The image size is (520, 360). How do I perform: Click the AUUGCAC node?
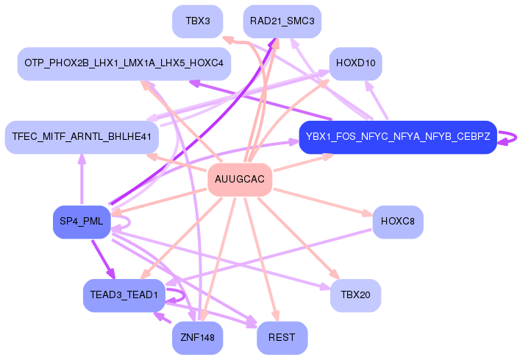(240, 180)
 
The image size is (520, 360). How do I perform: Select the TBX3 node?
(198, 21)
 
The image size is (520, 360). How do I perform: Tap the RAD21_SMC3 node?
(282, 21)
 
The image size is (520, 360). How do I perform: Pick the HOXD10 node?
(356, 63)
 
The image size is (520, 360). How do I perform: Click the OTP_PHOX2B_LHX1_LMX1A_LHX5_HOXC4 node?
(124, 63)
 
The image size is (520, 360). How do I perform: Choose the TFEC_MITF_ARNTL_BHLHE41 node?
(82, 137)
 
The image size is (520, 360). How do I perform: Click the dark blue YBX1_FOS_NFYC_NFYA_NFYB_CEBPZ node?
(398, 137)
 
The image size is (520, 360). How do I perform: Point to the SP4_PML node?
(82, 222)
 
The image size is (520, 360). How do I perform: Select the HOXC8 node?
(398, 222)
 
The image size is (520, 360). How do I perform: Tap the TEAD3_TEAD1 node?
(124, 295)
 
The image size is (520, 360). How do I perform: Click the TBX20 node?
(356, 295)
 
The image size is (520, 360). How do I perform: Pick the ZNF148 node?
(198, 338)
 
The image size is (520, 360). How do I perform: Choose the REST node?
(282, 338)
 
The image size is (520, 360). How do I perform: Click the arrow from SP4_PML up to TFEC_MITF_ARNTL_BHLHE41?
(82, 180)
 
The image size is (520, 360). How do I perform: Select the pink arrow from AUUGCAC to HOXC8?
(322, 202)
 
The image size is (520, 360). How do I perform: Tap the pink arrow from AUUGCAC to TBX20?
(298, 238)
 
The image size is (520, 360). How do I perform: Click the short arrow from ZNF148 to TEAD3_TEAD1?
(162, 317)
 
